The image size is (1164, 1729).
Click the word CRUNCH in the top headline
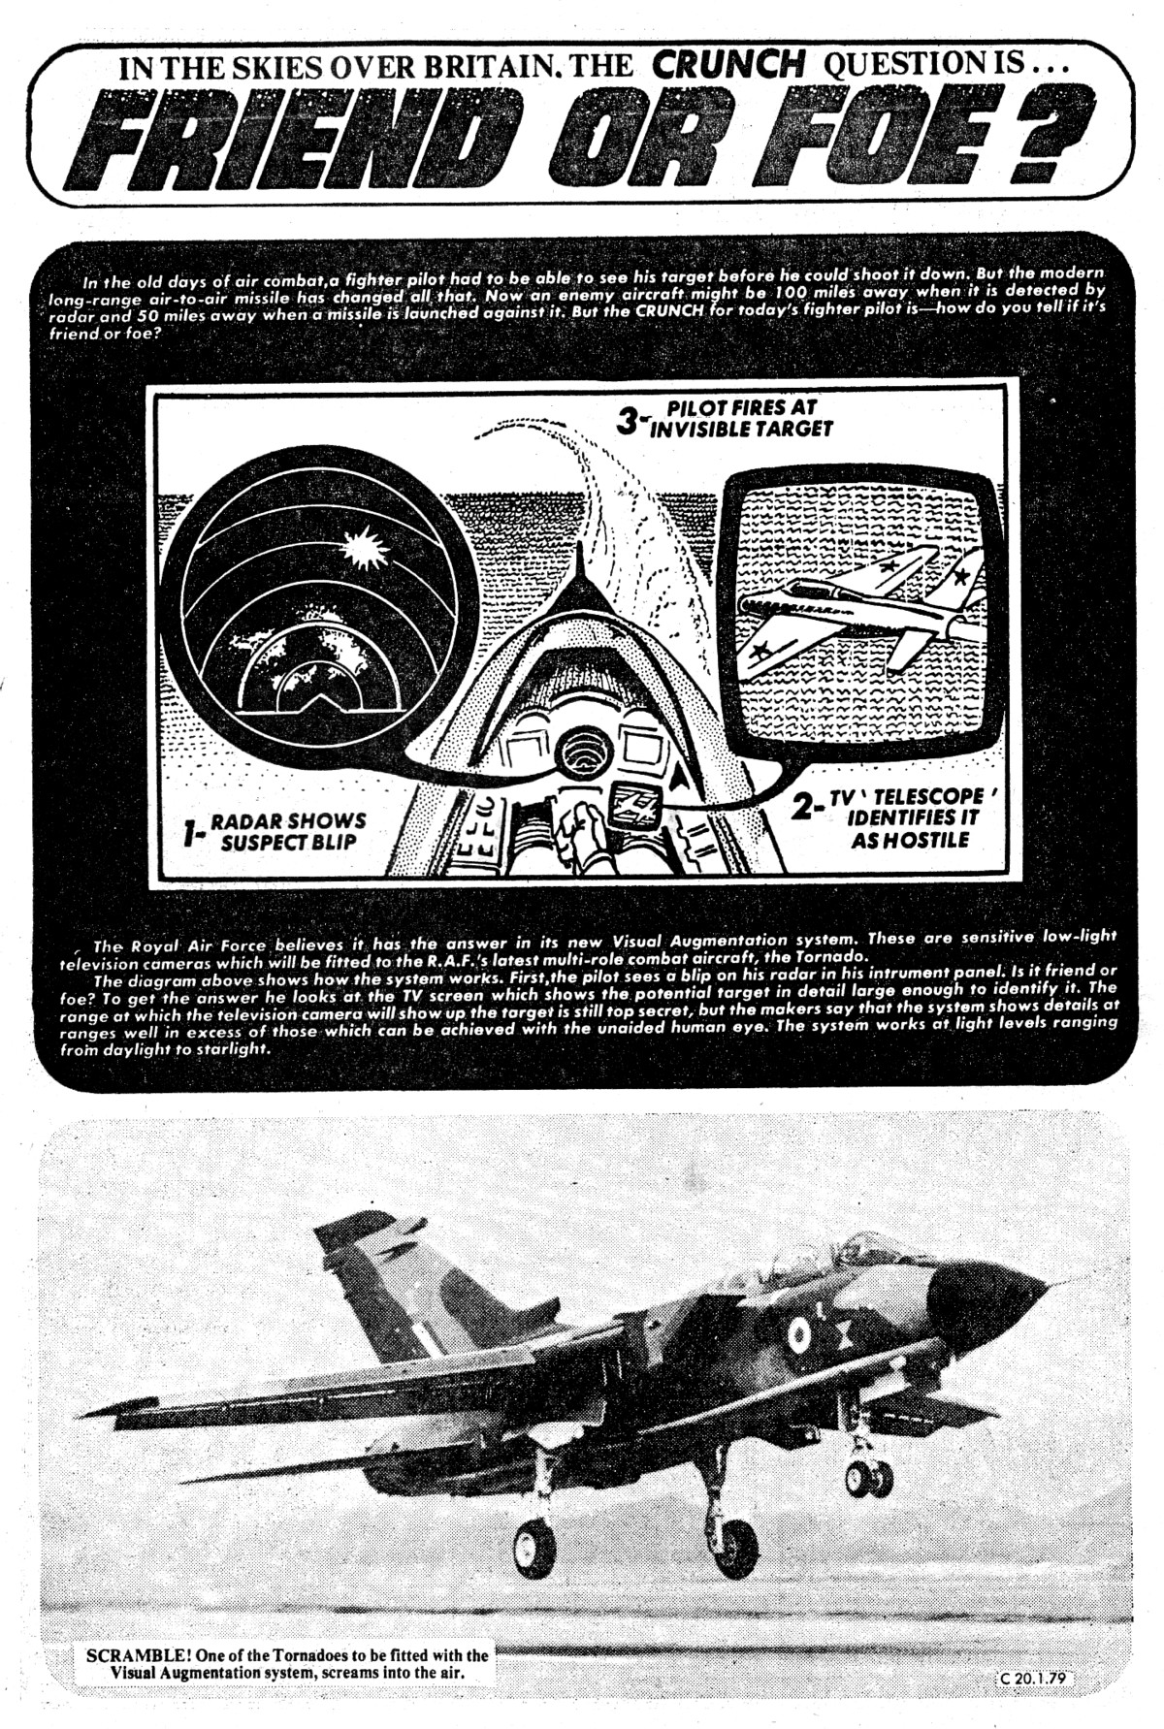(727, 65)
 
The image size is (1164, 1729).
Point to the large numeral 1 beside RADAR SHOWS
(193, 832)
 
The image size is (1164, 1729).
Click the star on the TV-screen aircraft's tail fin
(959, 578)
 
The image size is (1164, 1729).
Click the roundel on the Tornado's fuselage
(798, 1335)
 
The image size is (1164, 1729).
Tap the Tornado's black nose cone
(989, 1294)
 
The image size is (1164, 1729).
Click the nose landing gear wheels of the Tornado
(868, 1477)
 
